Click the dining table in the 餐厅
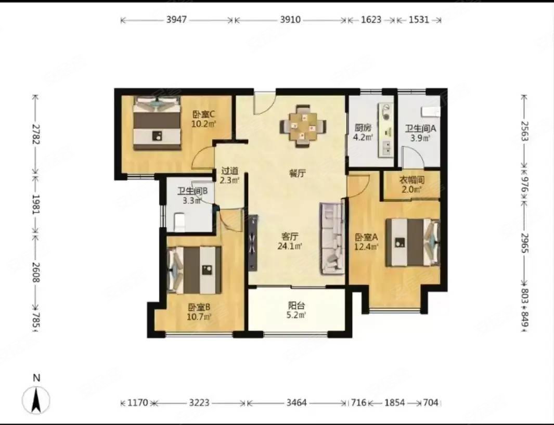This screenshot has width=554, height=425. pyautogui.click(x=303, y=126)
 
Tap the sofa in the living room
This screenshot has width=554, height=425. pyautogui.click(x=332, y=238)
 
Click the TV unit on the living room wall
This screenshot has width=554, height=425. pyautogui.click(x=253, y=243)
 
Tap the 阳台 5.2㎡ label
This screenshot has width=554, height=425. pyautogui.click(x=297, y=310)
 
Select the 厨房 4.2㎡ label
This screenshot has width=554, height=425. pyautogui.click(x=363, y=132)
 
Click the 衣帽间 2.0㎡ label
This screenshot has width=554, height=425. pyautogui.click(x=411, y=184)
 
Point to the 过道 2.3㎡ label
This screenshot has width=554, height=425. pyautogui.click(x=229, y=175)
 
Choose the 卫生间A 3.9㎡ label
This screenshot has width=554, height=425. pyautogui.click(x=419, y=133)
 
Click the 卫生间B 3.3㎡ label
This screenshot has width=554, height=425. pyautogui.click(x=192, y=195)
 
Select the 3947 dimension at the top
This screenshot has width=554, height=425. pyautogui.click(x=177, y=20)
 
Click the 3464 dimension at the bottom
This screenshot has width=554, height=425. pyautogui.click(x=296, y=403)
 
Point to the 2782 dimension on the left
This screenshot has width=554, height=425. pyautogui.click(x=35, y=134)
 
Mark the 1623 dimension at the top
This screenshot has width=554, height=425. pyautogui.click(x=371, y=20)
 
